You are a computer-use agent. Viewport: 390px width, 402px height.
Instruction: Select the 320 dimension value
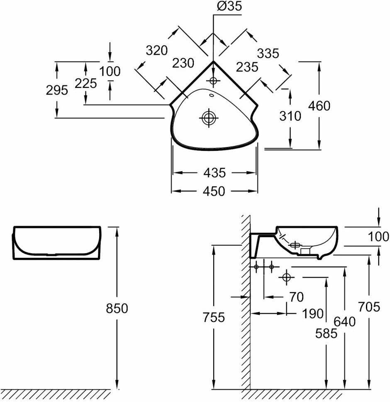coord(156,50)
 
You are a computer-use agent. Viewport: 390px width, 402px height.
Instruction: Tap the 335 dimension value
coord(268,53)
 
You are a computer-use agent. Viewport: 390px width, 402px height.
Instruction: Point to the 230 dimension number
coord(183,63)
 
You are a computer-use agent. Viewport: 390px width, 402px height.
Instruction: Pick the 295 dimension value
coord(56,90)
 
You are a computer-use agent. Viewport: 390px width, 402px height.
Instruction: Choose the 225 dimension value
coord(86,83)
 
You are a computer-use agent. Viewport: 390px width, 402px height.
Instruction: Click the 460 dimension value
coord(319,106)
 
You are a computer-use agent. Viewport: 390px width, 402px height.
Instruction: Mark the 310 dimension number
coord(290,116)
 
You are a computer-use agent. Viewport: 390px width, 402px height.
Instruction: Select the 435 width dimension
coord(214,172)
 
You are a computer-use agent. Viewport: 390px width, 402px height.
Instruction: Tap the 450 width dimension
coord(214,191)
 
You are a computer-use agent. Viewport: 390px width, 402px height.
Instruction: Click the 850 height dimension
coord(117,308)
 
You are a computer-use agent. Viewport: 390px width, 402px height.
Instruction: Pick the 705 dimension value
coord(369,307)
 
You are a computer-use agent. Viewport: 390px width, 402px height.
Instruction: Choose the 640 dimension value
coord(344,321)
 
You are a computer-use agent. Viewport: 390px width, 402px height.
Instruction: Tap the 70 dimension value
coord(296,297)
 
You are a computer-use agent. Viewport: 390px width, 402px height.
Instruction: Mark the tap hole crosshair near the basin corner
coord(213,80)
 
